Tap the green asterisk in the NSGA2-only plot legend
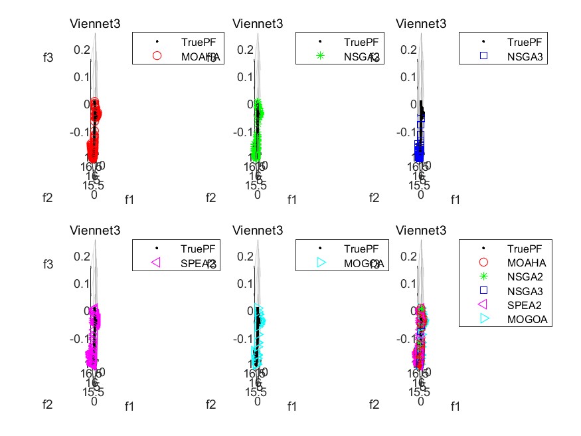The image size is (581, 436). [x=321, y=56]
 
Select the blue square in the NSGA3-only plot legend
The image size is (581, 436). [x=483, y=56]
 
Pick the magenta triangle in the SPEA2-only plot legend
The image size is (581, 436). [x=157, y=263]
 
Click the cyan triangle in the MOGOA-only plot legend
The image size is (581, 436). [x=321, y=263]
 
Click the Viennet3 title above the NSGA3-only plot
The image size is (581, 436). [x=422, y=24]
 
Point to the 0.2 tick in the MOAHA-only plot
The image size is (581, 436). [x=82, y=49]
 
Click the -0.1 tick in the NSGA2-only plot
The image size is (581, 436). [x=242, y=132]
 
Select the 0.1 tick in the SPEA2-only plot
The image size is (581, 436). [x=82, y=283]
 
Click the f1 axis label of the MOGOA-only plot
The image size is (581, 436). [x=292, y=406]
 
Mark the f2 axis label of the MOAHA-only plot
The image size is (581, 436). [x=47, y=197]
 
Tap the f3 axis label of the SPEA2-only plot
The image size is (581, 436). [x=47, y=264]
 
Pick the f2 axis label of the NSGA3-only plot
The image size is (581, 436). [x=374, y=197]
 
